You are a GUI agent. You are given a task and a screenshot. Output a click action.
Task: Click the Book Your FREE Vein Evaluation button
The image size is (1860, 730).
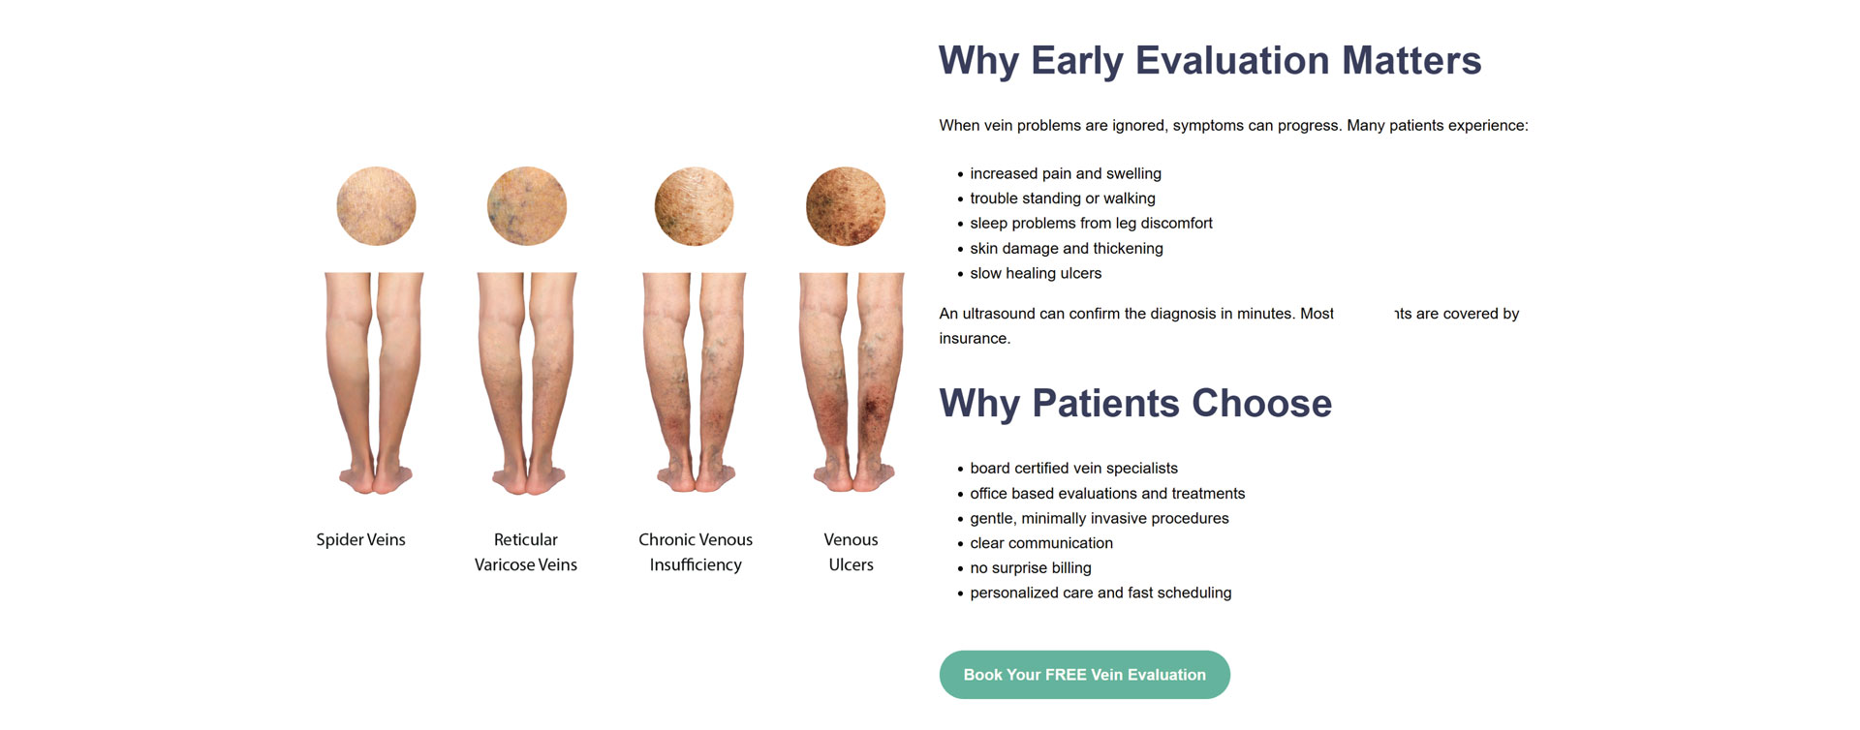1084,675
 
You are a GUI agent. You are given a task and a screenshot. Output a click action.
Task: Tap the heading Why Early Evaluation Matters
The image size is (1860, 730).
1209,60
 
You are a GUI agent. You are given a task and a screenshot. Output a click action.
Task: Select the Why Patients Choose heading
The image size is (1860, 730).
1134,403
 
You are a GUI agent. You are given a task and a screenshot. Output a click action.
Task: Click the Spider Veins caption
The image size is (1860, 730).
360,539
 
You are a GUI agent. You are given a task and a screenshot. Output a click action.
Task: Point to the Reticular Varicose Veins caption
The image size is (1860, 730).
525,552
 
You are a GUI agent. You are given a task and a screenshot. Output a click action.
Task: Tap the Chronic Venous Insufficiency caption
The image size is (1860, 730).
696,552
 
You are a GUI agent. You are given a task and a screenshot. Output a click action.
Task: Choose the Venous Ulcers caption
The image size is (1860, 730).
851,552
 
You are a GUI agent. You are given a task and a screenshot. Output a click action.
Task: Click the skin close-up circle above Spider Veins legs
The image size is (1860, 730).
376,206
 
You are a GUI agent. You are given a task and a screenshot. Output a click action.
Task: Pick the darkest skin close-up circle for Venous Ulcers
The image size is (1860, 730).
845,206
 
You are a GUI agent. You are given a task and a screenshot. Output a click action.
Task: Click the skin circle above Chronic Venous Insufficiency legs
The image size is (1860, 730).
694,206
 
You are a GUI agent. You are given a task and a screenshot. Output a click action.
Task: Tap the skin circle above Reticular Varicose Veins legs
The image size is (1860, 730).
526,206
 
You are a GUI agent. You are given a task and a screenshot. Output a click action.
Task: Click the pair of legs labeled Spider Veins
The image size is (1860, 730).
375,382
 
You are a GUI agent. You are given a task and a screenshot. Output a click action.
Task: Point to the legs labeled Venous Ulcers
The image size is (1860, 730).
851,382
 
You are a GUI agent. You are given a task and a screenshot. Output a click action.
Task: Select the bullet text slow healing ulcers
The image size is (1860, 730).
1035,273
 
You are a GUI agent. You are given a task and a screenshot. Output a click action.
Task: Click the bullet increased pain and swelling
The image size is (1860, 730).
1065,173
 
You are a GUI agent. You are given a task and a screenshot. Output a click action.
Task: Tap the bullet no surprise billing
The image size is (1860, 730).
1030,567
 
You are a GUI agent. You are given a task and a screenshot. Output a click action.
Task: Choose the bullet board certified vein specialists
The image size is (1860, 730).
1073,468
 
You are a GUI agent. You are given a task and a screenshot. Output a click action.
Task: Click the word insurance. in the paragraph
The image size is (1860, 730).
974,338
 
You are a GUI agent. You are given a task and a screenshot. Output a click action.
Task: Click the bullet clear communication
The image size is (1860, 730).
1040,543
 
